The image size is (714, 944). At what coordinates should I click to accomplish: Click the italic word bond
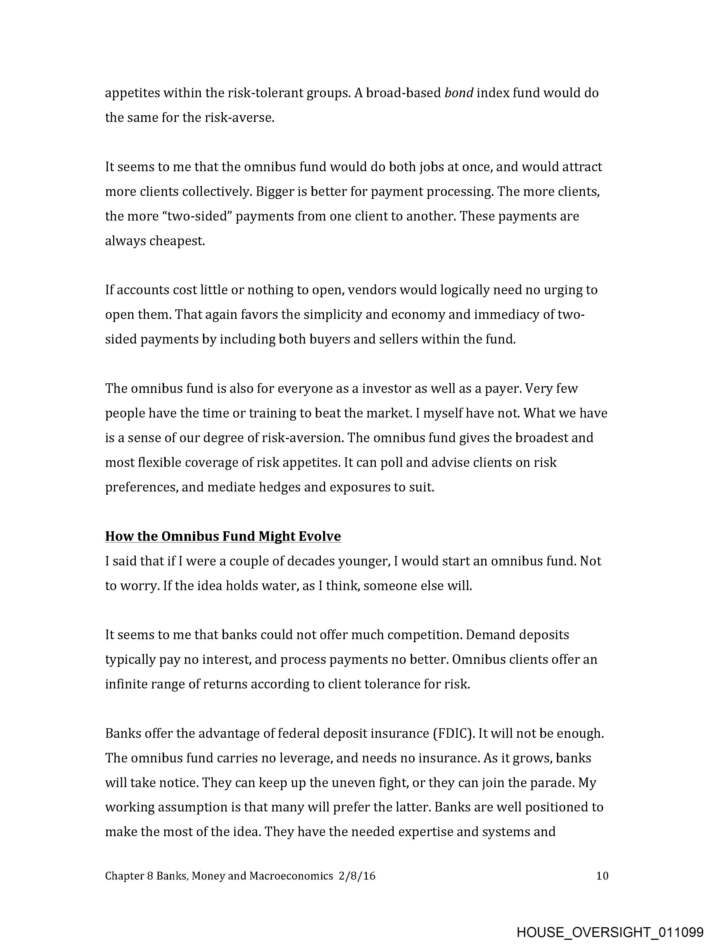(459, 93)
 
